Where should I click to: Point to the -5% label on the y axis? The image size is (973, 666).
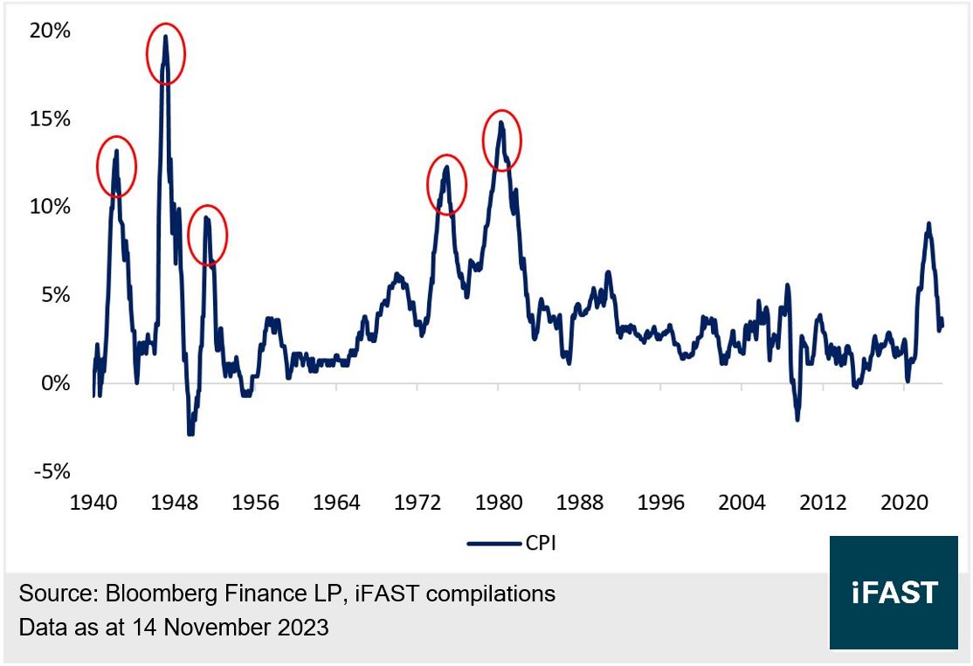pos(52,471)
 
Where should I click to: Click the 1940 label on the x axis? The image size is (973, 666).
pos(93,503)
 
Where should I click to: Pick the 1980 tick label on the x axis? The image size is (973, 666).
pos(499,503)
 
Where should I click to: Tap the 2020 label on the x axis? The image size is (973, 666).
pos(904,503)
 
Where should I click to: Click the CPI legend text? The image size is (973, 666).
pos(541,543)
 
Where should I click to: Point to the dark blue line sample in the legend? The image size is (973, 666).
pos(494,543)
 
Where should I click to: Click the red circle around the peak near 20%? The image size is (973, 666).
pos(164,53)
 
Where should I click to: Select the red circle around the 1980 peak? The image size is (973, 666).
pos(502,140)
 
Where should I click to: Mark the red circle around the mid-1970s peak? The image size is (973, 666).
pos(446,184)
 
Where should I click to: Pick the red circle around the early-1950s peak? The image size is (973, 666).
pos(207,234)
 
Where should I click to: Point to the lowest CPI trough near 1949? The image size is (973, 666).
pos(190,433)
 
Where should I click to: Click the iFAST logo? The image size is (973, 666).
pos(894,593)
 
